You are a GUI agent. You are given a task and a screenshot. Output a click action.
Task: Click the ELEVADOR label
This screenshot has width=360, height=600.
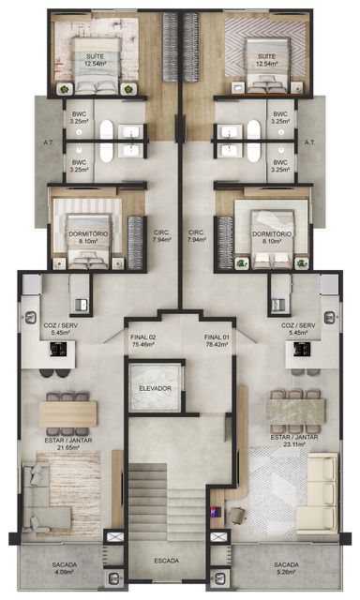coord(155,388)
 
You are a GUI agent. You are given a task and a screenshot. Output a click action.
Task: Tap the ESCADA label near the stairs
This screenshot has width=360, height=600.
coord(167,561)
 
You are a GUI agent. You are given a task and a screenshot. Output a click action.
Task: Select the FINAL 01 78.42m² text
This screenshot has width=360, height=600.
coord(217,340)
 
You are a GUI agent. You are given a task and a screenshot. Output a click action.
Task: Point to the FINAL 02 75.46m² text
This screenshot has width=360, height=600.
coord(142,340)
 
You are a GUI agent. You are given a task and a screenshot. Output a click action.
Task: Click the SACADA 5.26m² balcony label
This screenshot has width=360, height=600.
coord(286,568)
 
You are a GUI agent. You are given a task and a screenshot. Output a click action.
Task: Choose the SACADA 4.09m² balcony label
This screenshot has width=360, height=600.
coord(65,568)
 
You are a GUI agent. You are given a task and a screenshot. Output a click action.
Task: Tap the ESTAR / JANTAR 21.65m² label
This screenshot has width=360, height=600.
coord(68,443)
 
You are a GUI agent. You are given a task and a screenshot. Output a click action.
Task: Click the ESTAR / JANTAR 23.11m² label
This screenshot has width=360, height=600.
coord(294,441)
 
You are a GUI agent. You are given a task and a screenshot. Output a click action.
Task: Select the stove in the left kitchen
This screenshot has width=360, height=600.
coord(58,349)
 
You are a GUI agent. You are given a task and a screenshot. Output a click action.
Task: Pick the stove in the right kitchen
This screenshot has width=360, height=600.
coord(302,349)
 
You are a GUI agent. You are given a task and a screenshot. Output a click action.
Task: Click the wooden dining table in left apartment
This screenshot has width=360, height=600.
coord(68,413)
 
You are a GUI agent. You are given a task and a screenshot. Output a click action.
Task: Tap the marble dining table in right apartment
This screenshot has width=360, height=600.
coord(295,412)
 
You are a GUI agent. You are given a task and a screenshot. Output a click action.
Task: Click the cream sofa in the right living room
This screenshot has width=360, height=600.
coord(317,494)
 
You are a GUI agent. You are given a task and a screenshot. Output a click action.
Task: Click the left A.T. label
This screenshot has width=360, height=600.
coord(49,142)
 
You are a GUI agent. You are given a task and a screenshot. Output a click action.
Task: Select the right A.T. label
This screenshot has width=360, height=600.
coord(310,142)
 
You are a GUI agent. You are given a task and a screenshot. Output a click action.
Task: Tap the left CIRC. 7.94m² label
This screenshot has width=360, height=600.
coord(162,236)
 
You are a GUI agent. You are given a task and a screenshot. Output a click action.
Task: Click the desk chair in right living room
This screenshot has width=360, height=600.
coord(237,515)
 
